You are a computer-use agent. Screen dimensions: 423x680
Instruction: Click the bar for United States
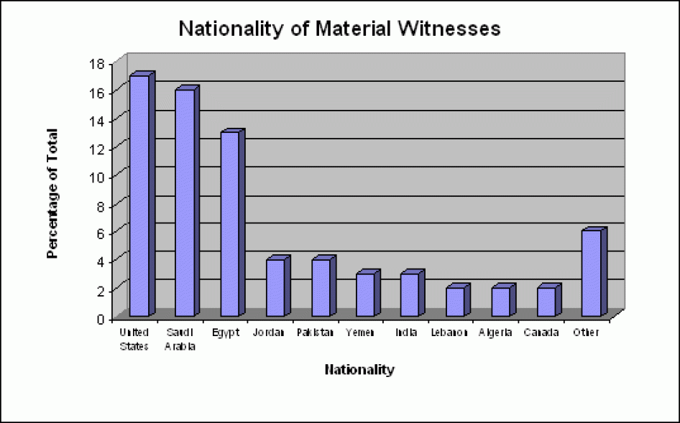[x=139, y=195]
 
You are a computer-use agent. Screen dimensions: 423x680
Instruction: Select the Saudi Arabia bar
[x=185, y=203]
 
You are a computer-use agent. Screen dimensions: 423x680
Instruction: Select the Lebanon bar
[x=455, y=302]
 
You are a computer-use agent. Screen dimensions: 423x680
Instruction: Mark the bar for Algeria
[x=500, y=302]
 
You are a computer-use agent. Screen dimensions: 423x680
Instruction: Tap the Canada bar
[x=546, y=302]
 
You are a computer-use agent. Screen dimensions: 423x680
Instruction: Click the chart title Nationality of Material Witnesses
[x=339, y=29]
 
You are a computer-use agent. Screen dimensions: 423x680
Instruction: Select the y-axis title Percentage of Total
[x=52, y=193]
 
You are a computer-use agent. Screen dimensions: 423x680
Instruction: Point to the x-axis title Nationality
[x=359, y=371]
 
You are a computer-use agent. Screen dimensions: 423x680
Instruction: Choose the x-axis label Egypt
[x=226, y=333]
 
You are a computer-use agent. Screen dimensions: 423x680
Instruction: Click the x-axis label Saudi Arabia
[x=180, y=340]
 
